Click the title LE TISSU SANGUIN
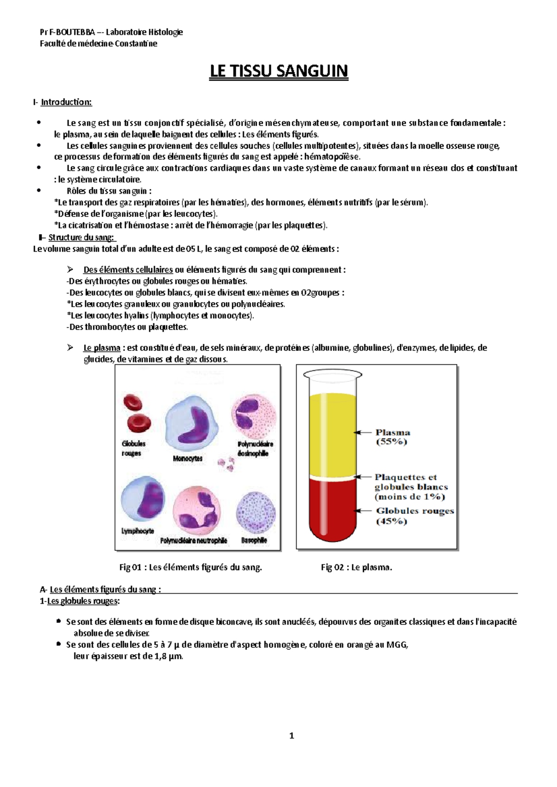278,71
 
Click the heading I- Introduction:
63,102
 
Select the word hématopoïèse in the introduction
332,157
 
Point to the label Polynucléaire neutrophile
194,540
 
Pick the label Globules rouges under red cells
133,448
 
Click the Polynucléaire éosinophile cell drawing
253,414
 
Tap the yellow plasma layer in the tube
333,433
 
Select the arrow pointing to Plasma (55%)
363,432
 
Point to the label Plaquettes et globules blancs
411,487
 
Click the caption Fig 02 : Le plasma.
356,567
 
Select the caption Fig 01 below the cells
190,567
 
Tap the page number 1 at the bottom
291,736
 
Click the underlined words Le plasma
102,348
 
